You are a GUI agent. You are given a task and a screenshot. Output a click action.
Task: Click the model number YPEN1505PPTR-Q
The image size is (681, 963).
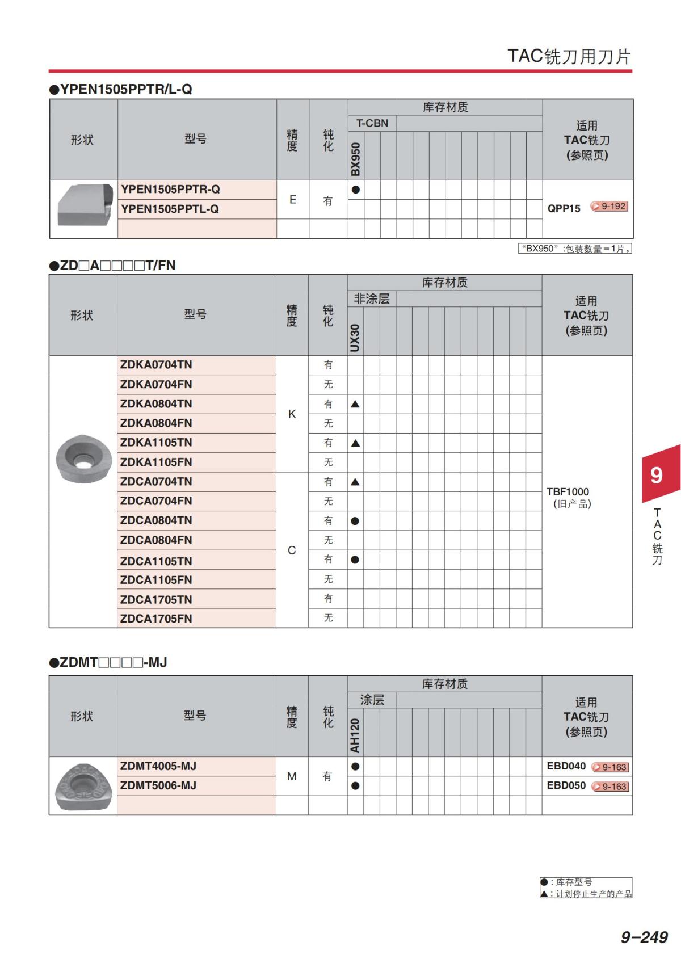click(170, 190)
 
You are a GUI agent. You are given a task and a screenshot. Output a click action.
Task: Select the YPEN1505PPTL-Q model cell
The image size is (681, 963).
click(170, 209)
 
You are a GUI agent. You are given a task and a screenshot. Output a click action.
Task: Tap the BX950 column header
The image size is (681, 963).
click(356, 159)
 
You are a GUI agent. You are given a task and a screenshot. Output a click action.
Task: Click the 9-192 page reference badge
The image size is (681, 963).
click(609, 207)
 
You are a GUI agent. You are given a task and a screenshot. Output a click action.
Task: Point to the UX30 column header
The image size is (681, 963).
click(355, 338)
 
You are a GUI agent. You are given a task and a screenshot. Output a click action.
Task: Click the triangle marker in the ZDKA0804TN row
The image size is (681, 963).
click(355, 404)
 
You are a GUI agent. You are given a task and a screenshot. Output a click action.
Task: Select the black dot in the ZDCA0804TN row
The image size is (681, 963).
click(355, 521)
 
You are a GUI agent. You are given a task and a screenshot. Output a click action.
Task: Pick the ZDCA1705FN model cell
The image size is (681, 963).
click(156, 619)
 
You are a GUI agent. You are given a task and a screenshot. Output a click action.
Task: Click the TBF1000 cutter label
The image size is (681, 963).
click(567, 492)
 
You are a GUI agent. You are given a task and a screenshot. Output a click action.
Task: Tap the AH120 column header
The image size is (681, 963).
click(355, 736)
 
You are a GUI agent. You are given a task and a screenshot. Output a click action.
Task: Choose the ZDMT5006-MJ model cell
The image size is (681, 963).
click(158, 785)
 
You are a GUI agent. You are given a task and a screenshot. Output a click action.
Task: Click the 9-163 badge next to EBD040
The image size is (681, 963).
click(611, 767)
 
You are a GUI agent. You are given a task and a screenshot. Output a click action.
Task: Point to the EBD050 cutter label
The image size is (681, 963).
click(566, 785)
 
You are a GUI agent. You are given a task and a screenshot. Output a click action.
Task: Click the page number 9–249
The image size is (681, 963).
click(644, 937)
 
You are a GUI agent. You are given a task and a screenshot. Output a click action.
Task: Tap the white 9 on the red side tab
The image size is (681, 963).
click(657, 475)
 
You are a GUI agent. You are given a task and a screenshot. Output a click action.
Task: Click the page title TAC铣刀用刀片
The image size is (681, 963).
click(569, 56)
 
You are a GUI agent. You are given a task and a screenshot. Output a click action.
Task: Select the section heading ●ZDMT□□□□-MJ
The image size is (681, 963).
click(108, 662)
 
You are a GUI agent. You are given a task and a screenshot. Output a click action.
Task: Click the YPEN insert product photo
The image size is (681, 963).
click(85, 204)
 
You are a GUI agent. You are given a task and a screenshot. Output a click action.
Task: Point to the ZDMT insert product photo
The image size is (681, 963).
click(83, 786)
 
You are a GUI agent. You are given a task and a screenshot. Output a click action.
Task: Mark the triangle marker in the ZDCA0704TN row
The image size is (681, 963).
click(355, 482)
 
